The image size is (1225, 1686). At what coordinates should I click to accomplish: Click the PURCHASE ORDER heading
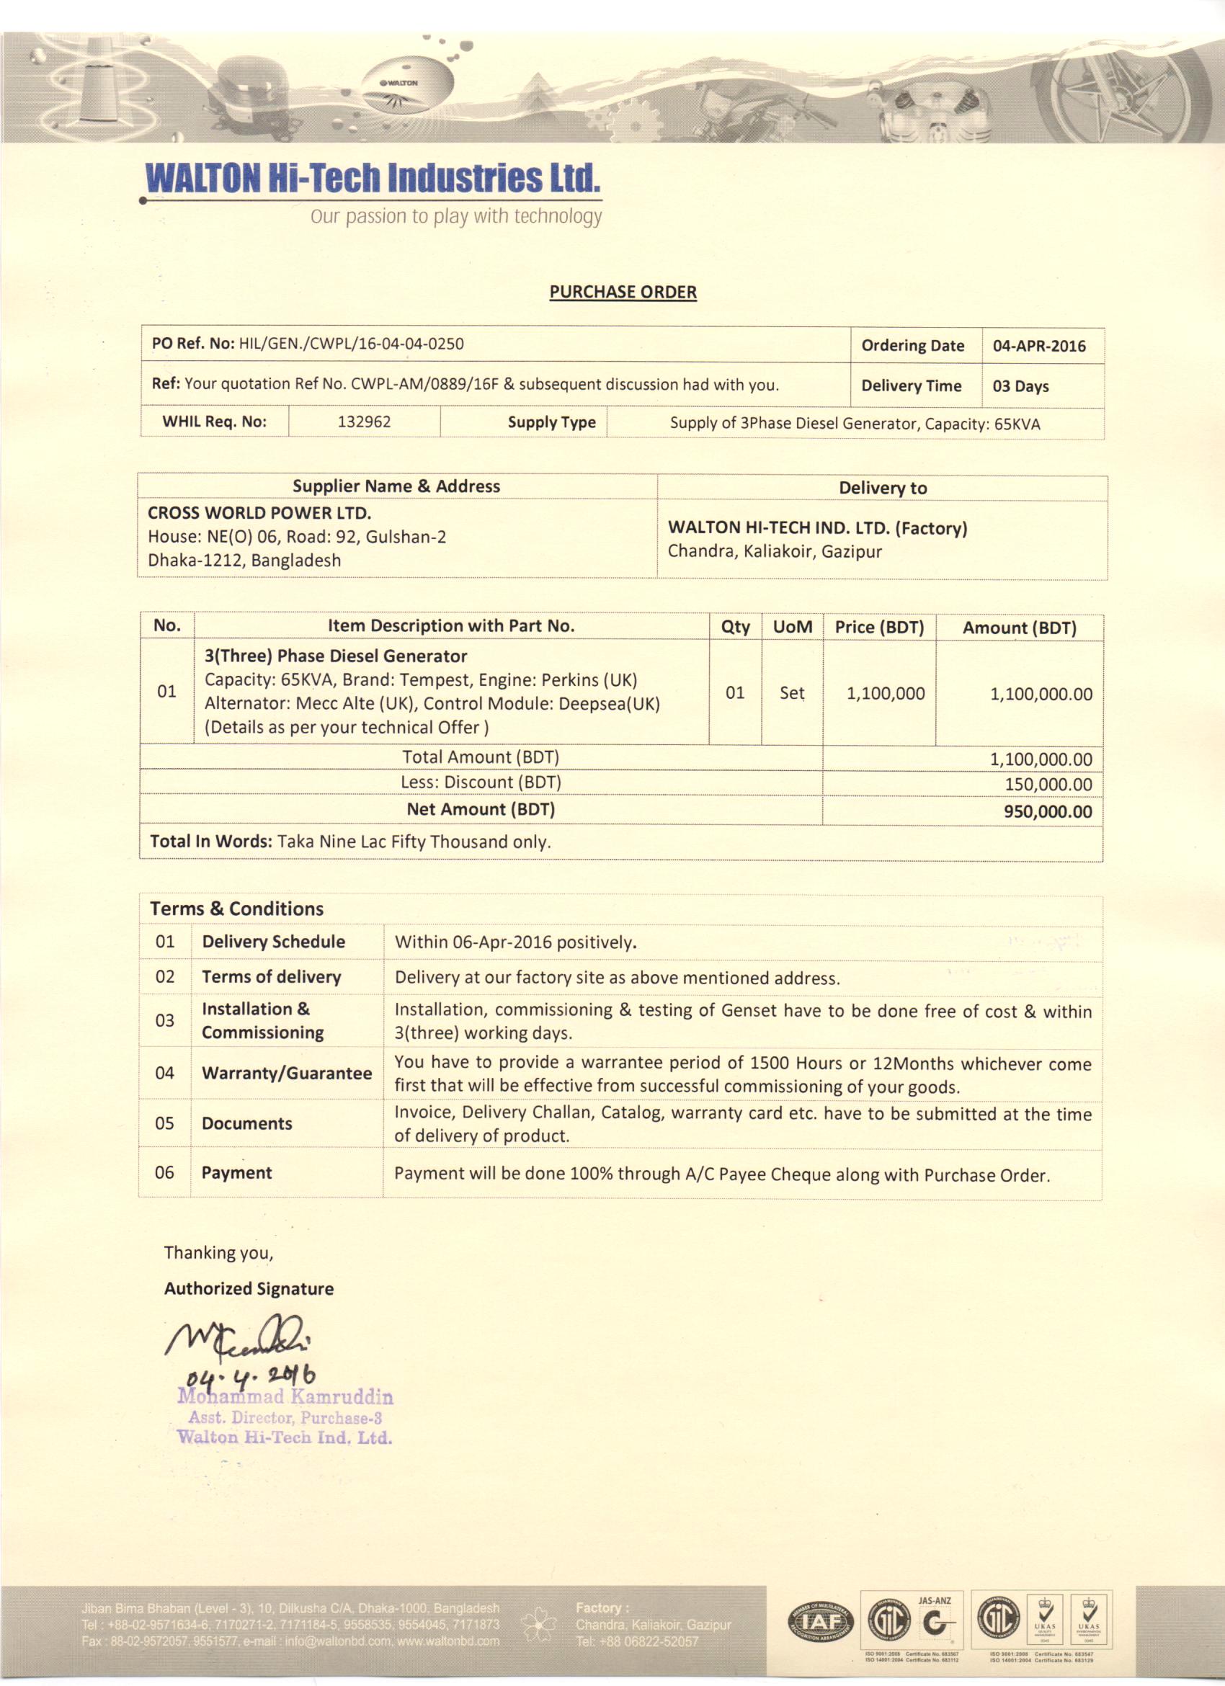(x=623, y=292)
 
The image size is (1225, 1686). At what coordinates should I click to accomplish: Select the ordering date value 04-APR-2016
(x=1039, y=347)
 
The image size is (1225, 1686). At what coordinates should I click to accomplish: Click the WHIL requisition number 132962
(x=364, y=422)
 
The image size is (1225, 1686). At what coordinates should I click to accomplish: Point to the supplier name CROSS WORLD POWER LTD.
(x=259, y=513)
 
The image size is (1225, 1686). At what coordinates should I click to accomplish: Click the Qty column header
(x=735, y=627)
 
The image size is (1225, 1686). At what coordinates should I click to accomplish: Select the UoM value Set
(x=792, y=693)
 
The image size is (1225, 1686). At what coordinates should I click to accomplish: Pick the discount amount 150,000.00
(x=1048, y=784)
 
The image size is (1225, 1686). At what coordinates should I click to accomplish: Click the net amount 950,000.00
(x=1047, y=811)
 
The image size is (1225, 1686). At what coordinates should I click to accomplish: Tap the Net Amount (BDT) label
(x=481, y=810)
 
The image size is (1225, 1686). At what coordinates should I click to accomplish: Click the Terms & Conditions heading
(x=237, y=909)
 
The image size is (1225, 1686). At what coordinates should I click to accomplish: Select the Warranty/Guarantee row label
(x=287, y=1073)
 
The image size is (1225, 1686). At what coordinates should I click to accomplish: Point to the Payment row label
(x=236, y=1172)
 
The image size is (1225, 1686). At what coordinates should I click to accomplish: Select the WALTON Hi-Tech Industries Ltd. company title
(x=372, y=179)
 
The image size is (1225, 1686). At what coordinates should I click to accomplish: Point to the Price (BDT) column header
(x=879, y=628)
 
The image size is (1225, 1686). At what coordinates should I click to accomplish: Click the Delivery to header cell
(x=882, y=489)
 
